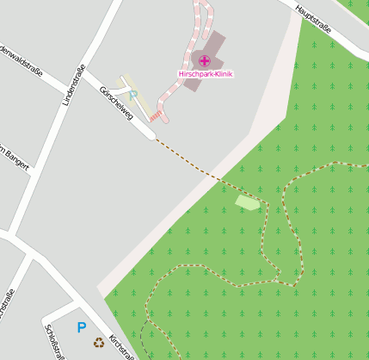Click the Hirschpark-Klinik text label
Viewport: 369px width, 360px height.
click(205, 74)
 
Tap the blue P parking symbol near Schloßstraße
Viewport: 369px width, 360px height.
click(82, 327)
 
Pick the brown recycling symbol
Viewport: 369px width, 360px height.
click(99, 343)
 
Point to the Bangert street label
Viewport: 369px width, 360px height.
click(17, 155)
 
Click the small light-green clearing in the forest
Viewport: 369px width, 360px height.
click(248, 202)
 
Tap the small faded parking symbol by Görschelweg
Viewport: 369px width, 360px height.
click(133, 93)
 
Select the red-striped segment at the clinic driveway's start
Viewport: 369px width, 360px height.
click(156, 115)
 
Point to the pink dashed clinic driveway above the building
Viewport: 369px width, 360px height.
click(203, 22)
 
